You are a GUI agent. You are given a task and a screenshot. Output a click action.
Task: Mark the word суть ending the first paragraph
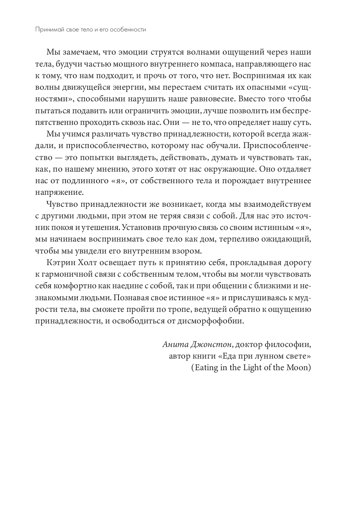click(x=302, y=122)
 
